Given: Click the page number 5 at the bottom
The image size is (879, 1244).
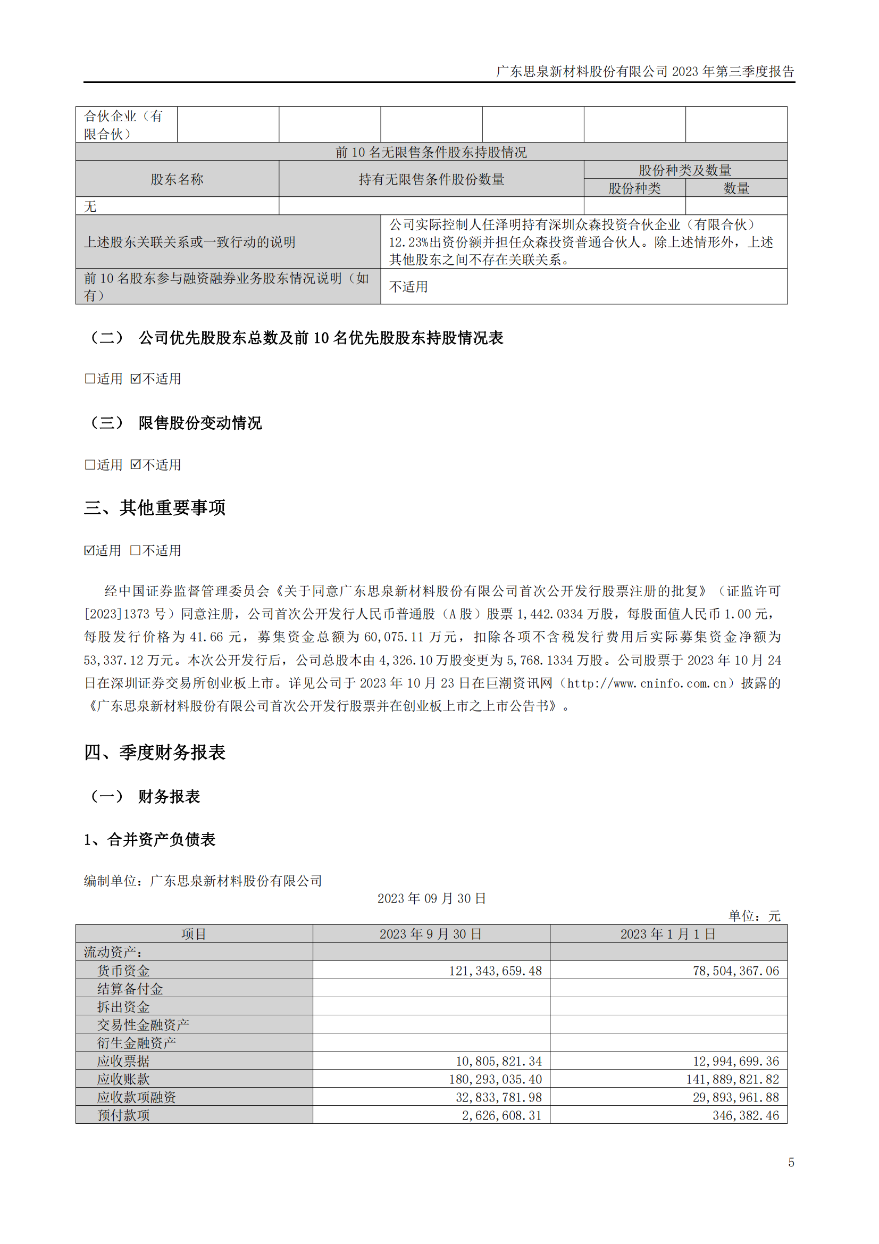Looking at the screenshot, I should click(791, 1162).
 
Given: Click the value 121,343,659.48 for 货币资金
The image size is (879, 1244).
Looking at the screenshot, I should click(495, 971).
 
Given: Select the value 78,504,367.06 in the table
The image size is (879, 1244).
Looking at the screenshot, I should click(735, 971).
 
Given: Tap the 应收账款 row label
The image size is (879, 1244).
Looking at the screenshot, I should click(123, 1079).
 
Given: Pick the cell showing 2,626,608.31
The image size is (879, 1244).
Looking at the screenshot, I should click(501, 1115).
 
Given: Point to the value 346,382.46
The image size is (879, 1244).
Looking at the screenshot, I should click(745, 1115).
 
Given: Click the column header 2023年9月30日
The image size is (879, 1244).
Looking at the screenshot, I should click(431, 933).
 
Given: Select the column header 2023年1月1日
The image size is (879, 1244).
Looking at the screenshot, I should click(668, 933).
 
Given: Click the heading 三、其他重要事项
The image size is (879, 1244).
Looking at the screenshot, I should click(154, 508).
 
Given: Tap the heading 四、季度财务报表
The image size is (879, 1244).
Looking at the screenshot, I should click(154, 752).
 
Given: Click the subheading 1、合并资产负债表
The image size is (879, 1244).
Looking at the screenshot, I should click(149, 839).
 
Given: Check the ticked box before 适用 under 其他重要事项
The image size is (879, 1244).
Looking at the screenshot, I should click(89, 550).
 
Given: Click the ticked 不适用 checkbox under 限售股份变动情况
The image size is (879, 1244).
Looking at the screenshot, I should click(136, 464).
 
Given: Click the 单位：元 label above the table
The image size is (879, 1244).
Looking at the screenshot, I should click(754, 916).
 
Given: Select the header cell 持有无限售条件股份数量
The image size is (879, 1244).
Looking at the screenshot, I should click(431, 179).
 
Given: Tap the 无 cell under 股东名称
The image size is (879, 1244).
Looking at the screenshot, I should click(90, 206).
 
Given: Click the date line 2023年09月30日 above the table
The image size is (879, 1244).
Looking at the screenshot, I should click(431, 898).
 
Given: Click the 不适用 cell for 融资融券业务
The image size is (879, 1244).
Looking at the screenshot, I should click(408, 287).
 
